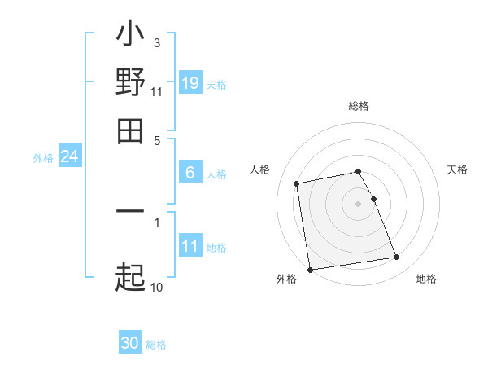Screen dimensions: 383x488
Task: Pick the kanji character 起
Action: [131, 278]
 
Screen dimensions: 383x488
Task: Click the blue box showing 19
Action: [190, 83]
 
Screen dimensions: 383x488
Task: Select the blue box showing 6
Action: [190, 173]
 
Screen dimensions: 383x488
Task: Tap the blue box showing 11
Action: [190, 247]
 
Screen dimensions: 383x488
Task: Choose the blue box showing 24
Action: [69, 156]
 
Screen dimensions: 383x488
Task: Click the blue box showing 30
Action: [130, 344]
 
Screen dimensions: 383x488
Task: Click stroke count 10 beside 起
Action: [156, 287]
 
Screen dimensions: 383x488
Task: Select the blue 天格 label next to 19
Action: [216, 84]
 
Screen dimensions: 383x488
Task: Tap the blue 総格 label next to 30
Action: [156, 345]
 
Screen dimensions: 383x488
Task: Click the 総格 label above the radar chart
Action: [359, 106]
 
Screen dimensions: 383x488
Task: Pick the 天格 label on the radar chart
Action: [457, 169]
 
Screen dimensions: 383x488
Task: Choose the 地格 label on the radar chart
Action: [426, 279]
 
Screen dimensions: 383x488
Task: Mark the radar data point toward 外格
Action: [310, 270]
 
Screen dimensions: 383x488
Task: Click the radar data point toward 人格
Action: [297, 183]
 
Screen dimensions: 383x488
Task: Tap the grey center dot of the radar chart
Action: [359, 203]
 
